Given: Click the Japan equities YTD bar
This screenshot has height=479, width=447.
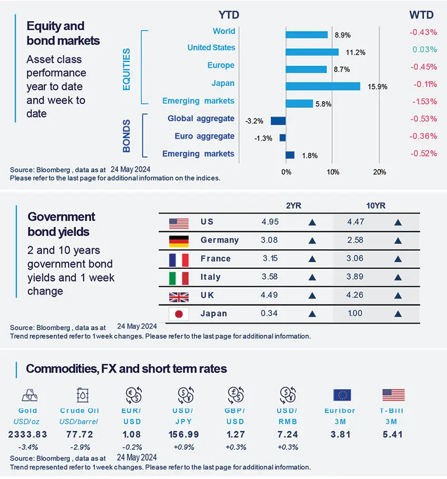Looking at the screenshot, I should tap(322, 86).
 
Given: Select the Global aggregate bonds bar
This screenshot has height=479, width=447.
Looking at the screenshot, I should tap(278, 121).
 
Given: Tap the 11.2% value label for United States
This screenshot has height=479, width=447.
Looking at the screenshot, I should tap(356, 53).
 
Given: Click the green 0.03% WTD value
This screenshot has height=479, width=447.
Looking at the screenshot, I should tap(424, 50).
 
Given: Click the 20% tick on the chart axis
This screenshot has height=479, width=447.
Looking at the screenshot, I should tap(379, 172).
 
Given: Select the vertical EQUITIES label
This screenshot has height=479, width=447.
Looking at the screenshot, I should tap(126, 69).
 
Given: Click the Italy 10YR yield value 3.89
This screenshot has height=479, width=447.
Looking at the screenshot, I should tap(356, 277).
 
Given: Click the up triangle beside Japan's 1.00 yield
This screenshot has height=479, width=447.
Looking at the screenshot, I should tap(398, 314).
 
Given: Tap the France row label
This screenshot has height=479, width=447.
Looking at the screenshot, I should tap(216, 259).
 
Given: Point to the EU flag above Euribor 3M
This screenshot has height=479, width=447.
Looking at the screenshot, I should tap(342, 395).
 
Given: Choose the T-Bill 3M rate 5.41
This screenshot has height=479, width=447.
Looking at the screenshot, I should tap(394, 434).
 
